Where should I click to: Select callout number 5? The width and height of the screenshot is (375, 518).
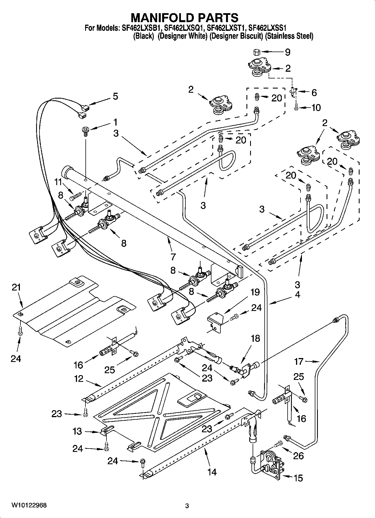pyautogui.click(x=115, y=96)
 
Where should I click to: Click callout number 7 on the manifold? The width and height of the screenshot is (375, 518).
pyautogui.click(x=173, y=257)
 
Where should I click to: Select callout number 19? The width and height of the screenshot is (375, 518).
pyautogui.click(x=255, y=292)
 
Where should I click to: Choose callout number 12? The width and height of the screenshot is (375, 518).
pyautogui.click(x=79, y=379)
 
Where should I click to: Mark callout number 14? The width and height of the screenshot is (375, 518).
pyautogui.click(x=212, y=472)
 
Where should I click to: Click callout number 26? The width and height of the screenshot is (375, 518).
pyautogui.click(x=299, y=456)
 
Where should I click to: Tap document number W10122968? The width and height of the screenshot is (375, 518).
pyautogui.click(x=29, y=505)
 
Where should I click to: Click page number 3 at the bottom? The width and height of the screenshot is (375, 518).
pyautogui.click(x=187, y=506)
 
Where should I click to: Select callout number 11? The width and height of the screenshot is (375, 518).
pyautogui.click(x=58, y=182)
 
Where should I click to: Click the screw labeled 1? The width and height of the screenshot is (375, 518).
pyautogui.click(x=85, y=131)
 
